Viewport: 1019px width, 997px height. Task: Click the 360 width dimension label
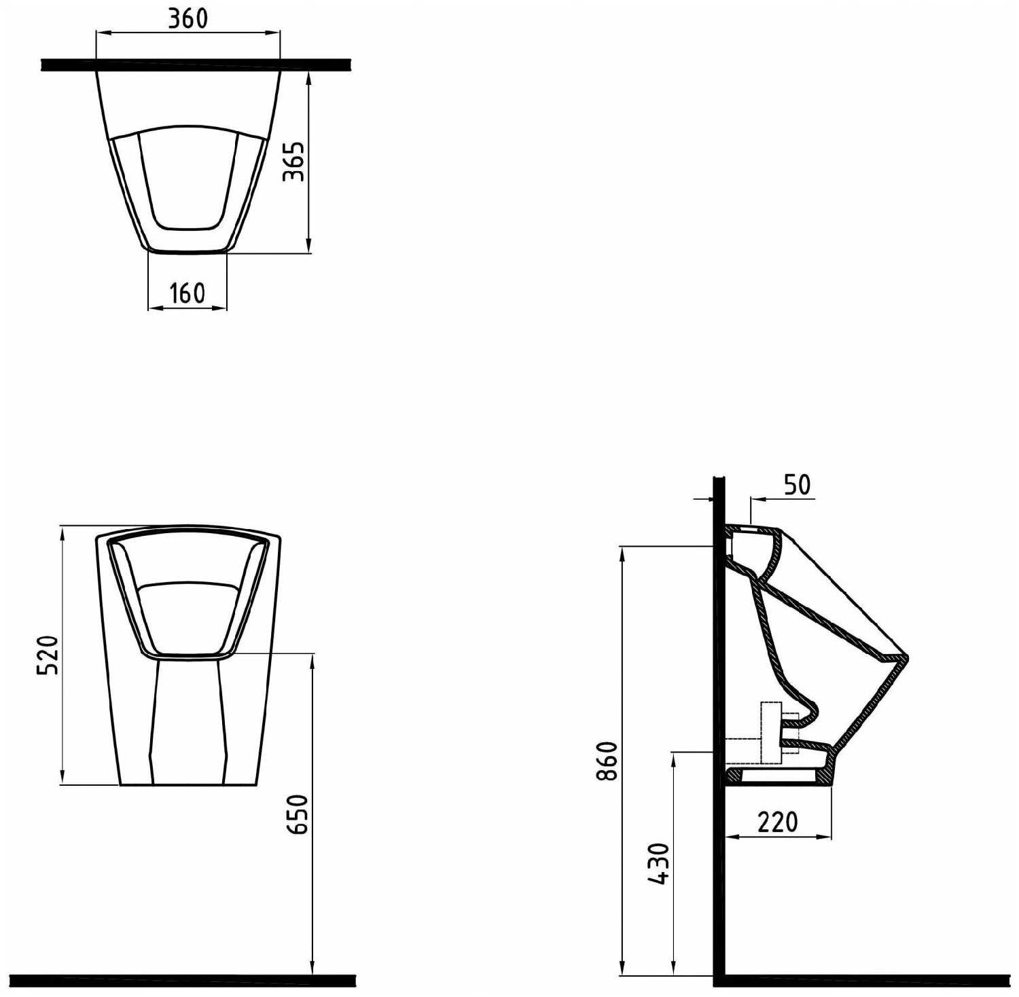pyautogui.click(x=187, y=18)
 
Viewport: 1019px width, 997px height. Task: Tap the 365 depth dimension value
pyautogui.click(x=293, y=162)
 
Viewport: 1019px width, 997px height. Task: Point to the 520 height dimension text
pyautogui.click(x=49, y=655)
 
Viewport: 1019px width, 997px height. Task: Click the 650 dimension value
pyautogui.click(x=299, y=814)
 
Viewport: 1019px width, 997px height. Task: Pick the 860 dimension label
pyautogui.click(x=607, y=761)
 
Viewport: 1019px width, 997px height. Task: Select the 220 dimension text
pyautogui.click(x=778, y=822)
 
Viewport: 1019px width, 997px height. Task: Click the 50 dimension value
pyautogui.click(x=798, y=485)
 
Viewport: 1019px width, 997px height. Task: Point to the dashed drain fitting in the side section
pyautogui.click(x=771, y=732)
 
